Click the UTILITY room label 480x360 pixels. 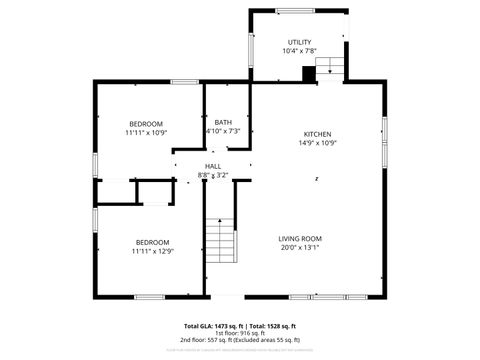pos(299,42)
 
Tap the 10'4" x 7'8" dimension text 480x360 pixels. pos(299,51)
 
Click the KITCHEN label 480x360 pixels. pos(318,134)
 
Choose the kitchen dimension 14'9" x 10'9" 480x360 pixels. pos(318,143)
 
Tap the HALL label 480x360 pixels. pos(213,166)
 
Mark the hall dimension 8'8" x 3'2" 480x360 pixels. pos(213,175)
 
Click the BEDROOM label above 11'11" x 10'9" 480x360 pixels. pos(146,123)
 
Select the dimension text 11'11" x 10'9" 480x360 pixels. pos(146,132)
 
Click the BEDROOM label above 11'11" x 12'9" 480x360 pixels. pos(152,242)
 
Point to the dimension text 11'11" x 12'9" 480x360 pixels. pos(152,251)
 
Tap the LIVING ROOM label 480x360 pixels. pos(299,238)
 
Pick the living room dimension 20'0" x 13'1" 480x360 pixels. pos(299,247)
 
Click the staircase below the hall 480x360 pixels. pos(221,240)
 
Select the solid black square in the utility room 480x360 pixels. pos(309,72)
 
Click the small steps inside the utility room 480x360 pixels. pos(331,67)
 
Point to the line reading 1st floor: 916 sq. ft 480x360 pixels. pos(240,333)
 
